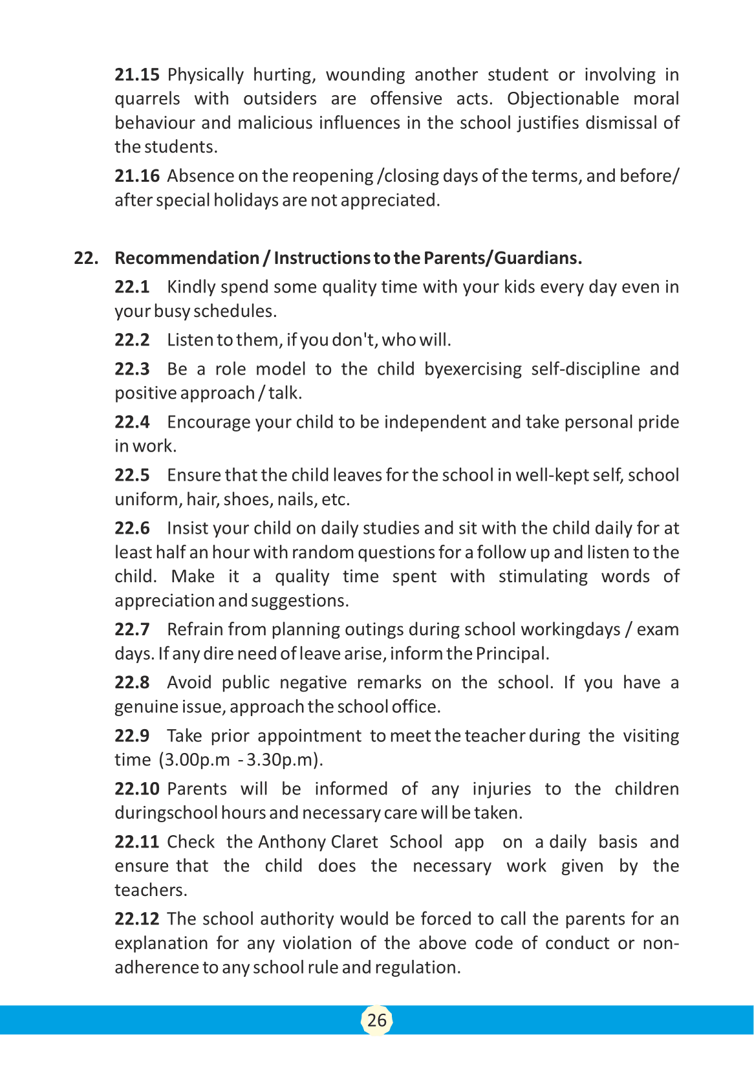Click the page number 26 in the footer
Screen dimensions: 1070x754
376,1020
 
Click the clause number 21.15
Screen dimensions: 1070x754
137,75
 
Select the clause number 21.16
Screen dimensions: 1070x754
137,176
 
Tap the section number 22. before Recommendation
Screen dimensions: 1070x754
86,258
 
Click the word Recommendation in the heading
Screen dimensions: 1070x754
186,258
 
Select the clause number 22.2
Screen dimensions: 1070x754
132,340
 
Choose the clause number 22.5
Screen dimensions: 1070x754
132,475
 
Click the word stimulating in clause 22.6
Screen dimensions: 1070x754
543,576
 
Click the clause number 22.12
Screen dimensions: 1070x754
137,919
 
